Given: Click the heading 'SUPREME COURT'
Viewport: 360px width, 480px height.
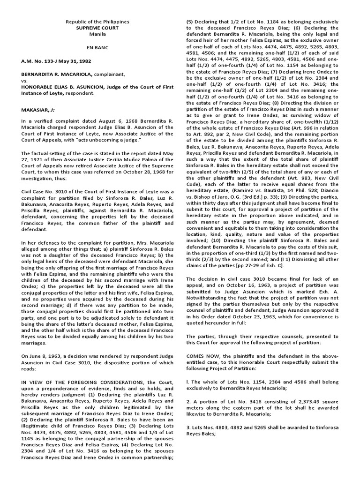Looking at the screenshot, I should tap(97, 28).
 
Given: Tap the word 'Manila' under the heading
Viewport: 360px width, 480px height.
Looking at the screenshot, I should tap(97, 34).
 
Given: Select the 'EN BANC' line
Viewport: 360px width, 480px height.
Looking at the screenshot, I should tap(97, 48).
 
